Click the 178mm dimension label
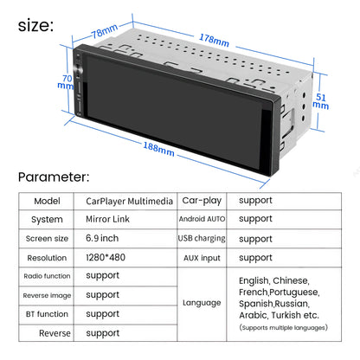pyautogui.click(x=214, y=40)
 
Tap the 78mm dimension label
pyautogui.click(x=105, y=30)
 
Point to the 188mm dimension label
pyautogui.click(x=158, y=149)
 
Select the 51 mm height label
pyautogui.click(x=321, y=101)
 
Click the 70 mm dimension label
pyautogui.click(x=66, y=82)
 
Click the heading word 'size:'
pyautogui.click(x=35, y=26)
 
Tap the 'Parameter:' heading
pyautogui.click(x=54, y=177)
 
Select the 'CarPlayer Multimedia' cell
pyautogui.click(x=129, y=201)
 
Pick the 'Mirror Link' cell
pyautogui.click(x=107, y=219)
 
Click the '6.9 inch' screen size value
pyautogui.click(x=102, y=238)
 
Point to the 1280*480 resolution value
pyautogui.click(x=106, y=257)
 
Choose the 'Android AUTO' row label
pyautogui.click(x=202, y=219)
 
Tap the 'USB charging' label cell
pyautogui.click(x=202, y=239)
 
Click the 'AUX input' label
pyautogui.click(x=202, y=258)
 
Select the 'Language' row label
pyautogui.click(x=202, y=303)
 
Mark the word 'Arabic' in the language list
pyautogui.click(x=253, y=315)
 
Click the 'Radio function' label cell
pyautogui.click(x=47, y=276)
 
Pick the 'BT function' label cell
pyautogui.click(x=47, y=314)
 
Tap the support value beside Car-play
pyautogui.click(x=255, y=201)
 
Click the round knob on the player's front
pyautogui.click(x=78, y=70)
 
